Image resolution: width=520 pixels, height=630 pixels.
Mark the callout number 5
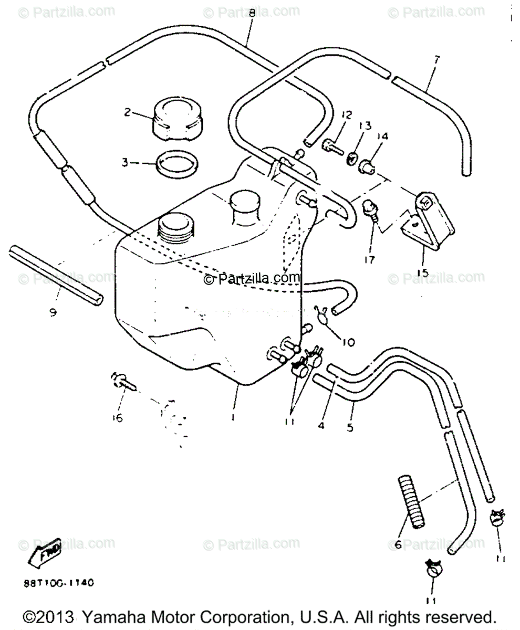350,427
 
